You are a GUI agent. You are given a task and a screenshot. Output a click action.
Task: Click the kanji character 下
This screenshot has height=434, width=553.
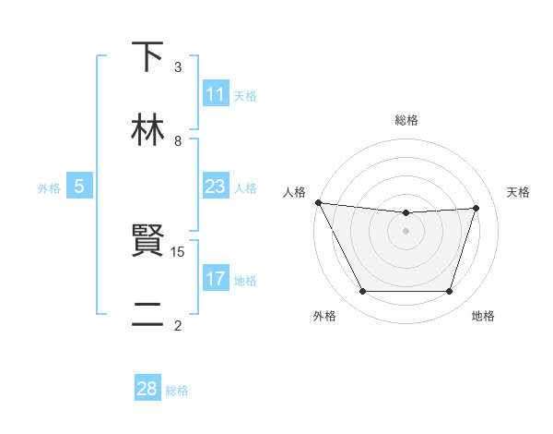pos(148,57)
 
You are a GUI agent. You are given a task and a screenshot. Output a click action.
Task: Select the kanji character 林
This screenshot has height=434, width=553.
pos(148,130)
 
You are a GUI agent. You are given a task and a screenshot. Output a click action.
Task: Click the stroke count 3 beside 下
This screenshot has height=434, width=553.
pos(178,67)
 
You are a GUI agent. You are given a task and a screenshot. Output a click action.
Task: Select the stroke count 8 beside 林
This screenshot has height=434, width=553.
pos(178,141)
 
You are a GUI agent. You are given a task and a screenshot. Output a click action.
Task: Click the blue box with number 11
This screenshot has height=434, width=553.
pos(216,94)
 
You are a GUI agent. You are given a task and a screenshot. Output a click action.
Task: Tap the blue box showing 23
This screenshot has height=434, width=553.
pos(216,187)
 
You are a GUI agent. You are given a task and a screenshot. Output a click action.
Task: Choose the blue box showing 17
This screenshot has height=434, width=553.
pos(216,279)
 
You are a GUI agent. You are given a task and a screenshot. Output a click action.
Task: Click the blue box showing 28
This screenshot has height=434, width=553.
pos(147,389)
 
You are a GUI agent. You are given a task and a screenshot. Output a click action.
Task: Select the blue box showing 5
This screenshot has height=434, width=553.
pos(79,187)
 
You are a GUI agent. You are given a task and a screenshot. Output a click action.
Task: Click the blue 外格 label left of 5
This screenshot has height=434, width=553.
pos(49,188)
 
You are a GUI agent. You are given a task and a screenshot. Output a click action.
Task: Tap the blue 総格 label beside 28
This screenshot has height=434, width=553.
pos(177,391)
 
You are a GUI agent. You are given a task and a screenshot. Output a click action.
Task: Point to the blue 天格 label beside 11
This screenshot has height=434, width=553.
pos(245,96)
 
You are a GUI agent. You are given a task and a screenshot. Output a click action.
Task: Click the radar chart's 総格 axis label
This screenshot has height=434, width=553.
pos(406,120)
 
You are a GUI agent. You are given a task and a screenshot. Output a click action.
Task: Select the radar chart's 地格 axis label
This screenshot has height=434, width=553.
pos(483,316)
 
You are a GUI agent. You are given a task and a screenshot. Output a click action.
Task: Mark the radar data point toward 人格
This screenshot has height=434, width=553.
pos(318,202)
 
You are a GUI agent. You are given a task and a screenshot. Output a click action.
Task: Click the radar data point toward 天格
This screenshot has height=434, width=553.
pos(476,208)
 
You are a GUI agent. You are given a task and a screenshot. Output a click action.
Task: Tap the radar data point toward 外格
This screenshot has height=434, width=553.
pos(362,292)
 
